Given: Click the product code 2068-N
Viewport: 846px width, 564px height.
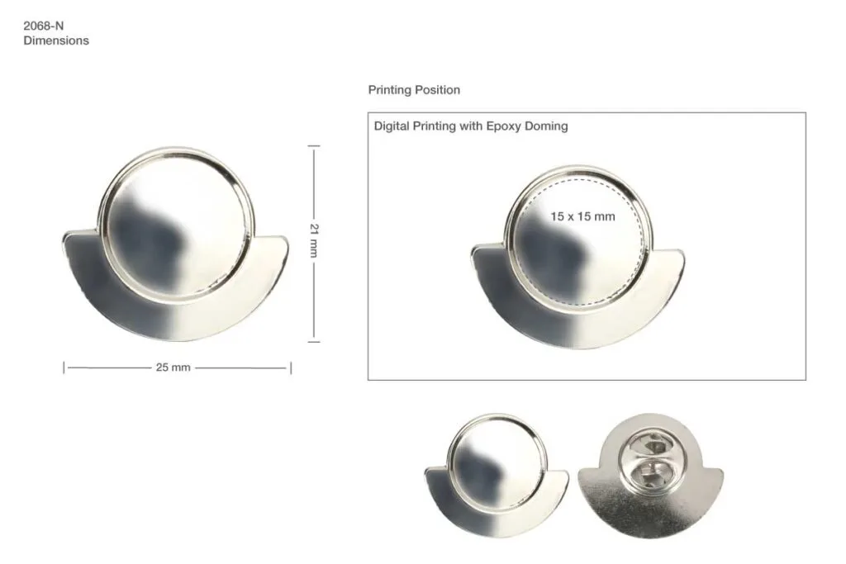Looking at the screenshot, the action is coord(43,26).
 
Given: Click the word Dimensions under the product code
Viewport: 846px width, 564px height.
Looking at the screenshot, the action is coord(56,41).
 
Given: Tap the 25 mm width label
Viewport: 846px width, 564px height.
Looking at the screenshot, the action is coord(173,367).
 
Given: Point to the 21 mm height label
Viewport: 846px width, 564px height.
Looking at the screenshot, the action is coord(314,240).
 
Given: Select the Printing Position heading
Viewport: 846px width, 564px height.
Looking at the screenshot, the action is coord(414,90).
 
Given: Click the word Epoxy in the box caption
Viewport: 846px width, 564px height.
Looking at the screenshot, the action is coord(503,126).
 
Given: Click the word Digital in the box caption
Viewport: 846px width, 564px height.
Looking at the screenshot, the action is coord(391,126).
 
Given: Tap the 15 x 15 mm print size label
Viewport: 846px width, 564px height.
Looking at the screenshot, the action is coord(582,216).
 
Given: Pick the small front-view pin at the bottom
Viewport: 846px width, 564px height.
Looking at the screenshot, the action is coord(497,476).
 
